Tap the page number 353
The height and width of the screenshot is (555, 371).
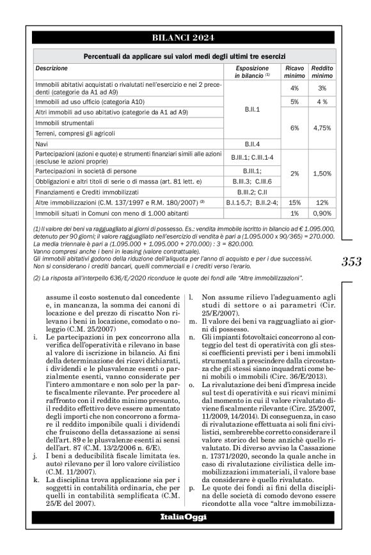point(352,261)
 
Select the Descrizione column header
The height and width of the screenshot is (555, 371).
point(51,67)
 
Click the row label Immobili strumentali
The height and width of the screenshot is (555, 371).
point(64,122)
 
